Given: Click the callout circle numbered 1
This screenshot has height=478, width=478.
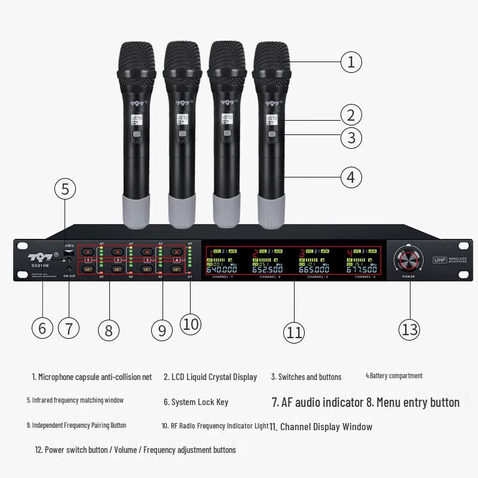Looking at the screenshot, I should click(351, 61).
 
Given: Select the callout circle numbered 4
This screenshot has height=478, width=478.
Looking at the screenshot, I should click(351, 177).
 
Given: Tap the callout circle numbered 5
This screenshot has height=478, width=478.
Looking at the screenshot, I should click(65, 189).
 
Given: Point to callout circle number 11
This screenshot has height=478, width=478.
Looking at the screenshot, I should click(294, 332).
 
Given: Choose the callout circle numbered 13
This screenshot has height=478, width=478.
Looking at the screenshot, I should click(409, 329).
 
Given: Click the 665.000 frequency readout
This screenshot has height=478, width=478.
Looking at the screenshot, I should click(314, 269).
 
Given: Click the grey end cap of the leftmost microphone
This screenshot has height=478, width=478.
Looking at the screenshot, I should click(136, 210).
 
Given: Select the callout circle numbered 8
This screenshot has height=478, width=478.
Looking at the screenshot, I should click(108, 330).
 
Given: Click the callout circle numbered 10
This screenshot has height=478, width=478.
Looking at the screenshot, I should click(190, 324).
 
